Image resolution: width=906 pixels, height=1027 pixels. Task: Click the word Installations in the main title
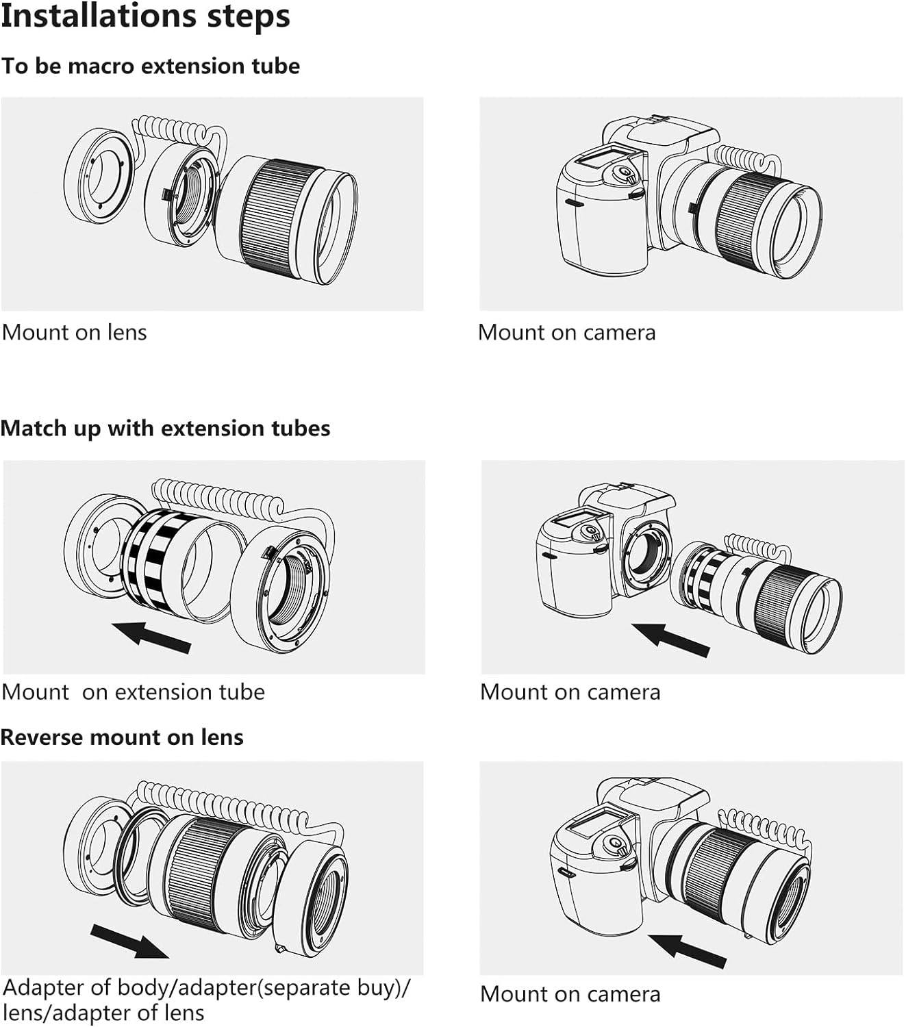pos(98,16)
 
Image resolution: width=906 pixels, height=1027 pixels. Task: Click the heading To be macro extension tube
pos(151,66)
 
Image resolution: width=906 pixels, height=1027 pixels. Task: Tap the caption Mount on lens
pos(75,333)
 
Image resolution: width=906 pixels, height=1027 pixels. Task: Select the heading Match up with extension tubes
pos(165,429)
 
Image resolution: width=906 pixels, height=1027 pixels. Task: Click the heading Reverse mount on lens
pos(122,737)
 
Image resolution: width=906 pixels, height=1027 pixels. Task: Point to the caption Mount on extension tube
pos(134,692)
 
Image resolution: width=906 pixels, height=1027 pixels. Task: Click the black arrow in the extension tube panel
pos(151,637)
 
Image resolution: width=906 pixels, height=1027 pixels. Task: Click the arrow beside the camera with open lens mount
pos(670,640)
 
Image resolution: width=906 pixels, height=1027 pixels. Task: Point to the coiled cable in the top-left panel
pos(177,131)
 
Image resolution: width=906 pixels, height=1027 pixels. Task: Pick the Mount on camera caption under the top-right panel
pos(567,333)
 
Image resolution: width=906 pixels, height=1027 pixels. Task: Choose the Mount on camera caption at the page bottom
pos(570,995)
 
